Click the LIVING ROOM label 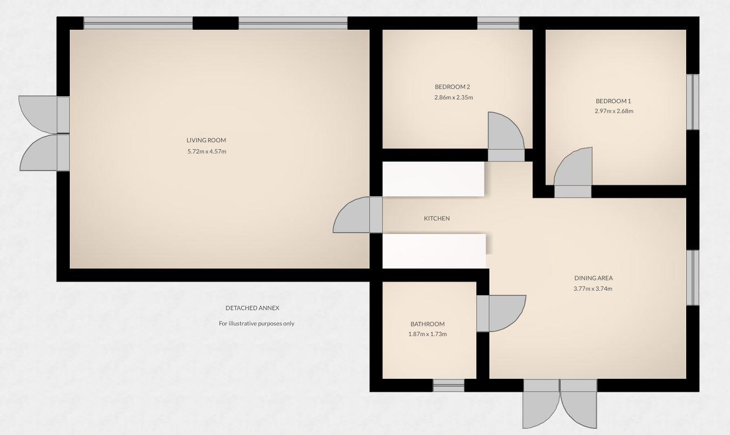(x=206, y=140)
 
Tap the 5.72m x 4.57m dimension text (x=206, y=151)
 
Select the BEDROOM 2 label (x=452, y=87)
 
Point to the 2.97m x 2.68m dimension (x=613, y=111)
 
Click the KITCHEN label (x=436, y=218)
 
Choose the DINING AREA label (x=593, y=278)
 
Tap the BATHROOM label (x=427, y=324)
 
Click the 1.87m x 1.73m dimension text (x=427, y=334)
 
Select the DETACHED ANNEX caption (x=252, y=308)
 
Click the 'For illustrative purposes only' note (x=256, y=324)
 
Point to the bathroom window (x=448, y=386)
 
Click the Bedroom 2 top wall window (x=498, y=23)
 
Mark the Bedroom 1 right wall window (x=692, y=102)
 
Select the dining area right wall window (x=692, y=277)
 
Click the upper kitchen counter (x=433, y=179)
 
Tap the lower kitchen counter (x=434, y=251)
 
